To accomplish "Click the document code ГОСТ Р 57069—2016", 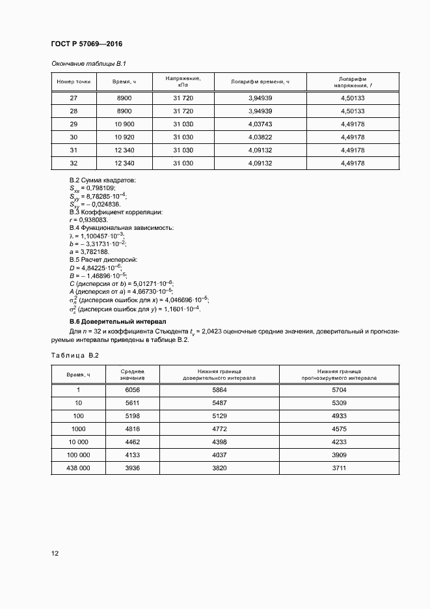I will point(87,44).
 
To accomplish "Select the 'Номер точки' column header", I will point(74,82).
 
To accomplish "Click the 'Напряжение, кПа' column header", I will point(183,82).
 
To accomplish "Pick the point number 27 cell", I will point(74,98).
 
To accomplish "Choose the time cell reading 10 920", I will point(124,137).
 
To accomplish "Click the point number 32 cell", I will point(74,163).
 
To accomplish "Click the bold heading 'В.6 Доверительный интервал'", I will point(118,322).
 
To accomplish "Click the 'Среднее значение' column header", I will point(132,374).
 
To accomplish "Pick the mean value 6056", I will point(132,389).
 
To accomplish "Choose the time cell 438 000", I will point(78,468).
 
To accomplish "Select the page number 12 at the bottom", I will point(55,553).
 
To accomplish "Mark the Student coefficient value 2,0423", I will point(233,332).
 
